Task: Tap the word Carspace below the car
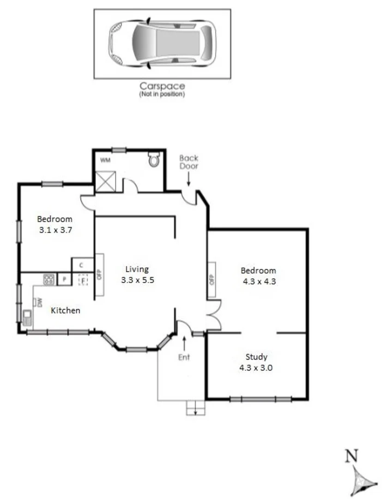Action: pyautogui.click(x=163, y=86)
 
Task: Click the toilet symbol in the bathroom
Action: pyautogui.click(x=154, y=160)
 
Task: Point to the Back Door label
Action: pyautogui.click(x=188, y=162)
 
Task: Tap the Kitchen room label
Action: pyautogui.click(x=65, y=310)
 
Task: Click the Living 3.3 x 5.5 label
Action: pyautogui.click(x=137, y=274)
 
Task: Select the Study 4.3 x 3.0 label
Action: pyautogui.click(x=256, y=362)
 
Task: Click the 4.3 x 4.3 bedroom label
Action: pyautogui.click(x=259, y=276)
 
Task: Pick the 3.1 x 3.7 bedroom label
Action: pyautogui.click(x=55, y=224)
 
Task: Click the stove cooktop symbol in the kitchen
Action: pyautogui.click(x=49, y=279)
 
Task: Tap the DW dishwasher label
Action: pyautogui.click(x=40, y=302)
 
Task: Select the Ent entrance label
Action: pyautogui.click(x=184, y=357)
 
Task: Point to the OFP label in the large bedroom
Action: pyautogui.click(x=212, y=280)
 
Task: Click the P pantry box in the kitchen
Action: pyautogui.click(x=64, y=280)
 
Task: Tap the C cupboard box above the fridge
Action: pyautogui.click(x=81, y=265)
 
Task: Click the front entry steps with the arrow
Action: pyautogui.click(x=196, y=408)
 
